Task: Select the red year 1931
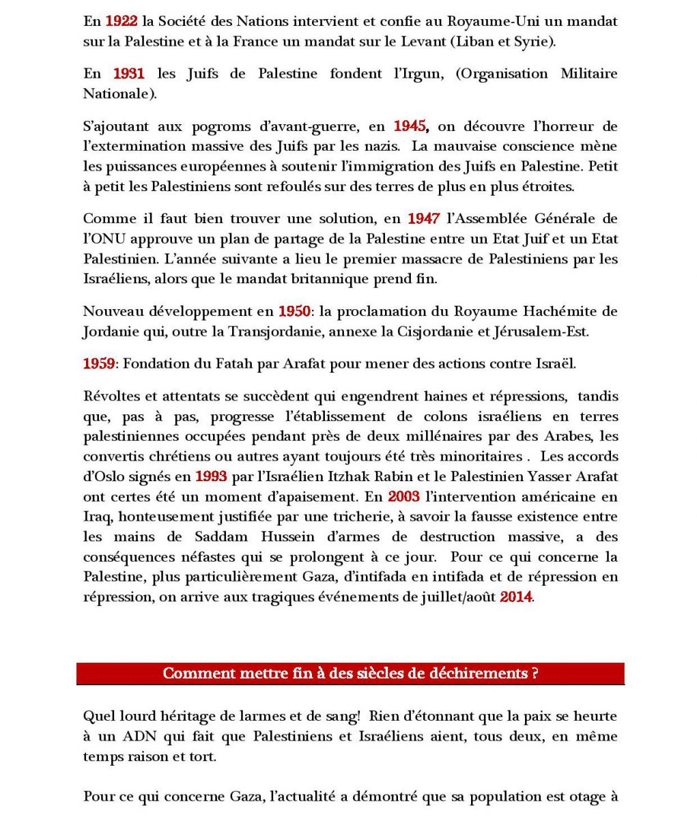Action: pos(128,74)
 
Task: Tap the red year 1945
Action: pos(410,126)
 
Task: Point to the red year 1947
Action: pos(423,219)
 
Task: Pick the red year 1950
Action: pos(294,312)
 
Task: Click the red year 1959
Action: pos(99,364)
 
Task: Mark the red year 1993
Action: pos(211,476)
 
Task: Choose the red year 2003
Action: pos(404,497)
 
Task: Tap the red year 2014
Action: pos(515,597)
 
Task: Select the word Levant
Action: pos(423,42)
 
